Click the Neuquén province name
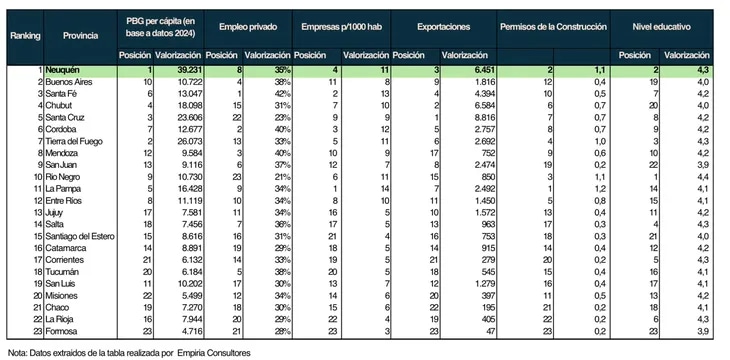[x=62, y=70]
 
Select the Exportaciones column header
[x=443, y=27]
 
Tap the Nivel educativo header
[x=661, y=27]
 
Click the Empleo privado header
[x=248, y=27]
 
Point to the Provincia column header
[x=81, y=35]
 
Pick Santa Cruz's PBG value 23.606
[x=189, y=117]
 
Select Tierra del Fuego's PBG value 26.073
[x=189, y=141]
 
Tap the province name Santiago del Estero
[x=80, y=236]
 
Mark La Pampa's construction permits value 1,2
[x=601, y=189]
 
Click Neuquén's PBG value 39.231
[x=189, y=70]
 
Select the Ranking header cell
[x=25, y=35]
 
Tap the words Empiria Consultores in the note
[x=214, y=353]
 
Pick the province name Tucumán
[x=62, y=272]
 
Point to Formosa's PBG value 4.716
[x=191, y=331]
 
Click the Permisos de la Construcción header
[x=554, y=27]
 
